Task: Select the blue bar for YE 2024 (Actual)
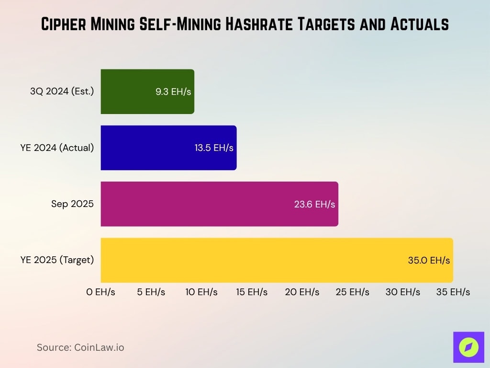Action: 144,148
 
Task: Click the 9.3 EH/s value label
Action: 173,92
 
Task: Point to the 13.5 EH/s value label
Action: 214,148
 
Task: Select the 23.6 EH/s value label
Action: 314,204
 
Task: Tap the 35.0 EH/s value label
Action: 429,260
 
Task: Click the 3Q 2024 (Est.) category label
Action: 62,92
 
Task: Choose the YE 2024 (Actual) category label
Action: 57,148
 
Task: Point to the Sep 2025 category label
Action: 72,204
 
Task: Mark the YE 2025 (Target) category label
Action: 57,260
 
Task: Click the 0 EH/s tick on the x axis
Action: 100,292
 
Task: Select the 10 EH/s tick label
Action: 201,292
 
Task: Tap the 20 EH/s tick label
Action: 302,292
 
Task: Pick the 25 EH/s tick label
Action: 352,292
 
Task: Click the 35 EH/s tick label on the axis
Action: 453,292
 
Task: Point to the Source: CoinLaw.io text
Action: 80,347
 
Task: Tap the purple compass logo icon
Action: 468,347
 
